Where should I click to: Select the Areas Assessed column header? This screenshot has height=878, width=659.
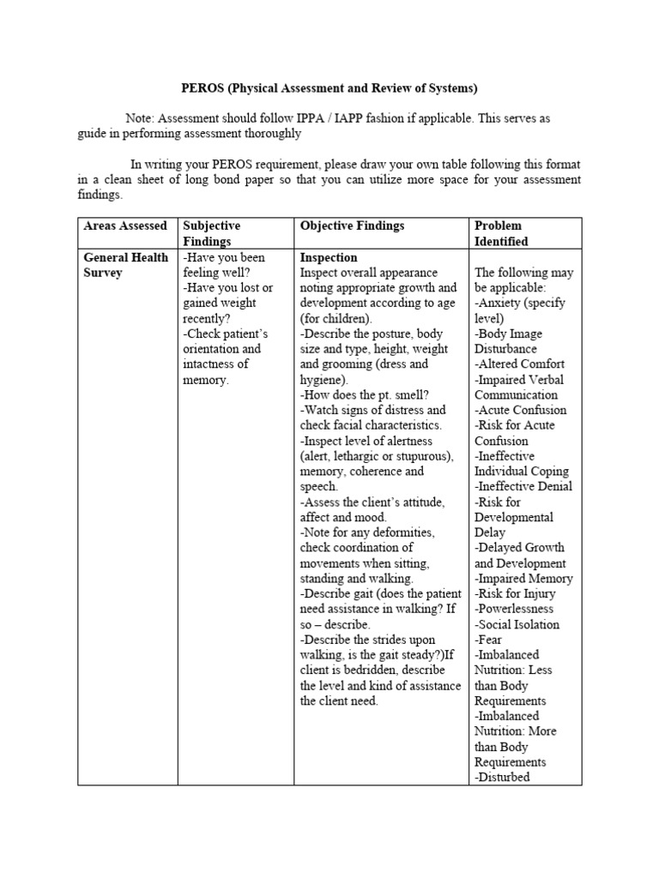(x=125, y=226)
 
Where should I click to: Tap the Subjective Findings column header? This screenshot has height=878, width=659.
(x=212, y=233)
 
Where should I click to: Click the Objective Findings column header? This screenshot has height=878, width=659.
(x=352, y=226)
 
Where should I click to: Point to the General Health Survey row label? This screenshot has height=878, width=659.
(x=125, y=265)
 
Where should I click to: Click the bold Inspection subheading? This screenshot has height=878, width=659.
(x=329, y=257)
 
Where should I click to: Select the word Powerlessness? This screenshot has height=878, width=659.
(x=516, y=609)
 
